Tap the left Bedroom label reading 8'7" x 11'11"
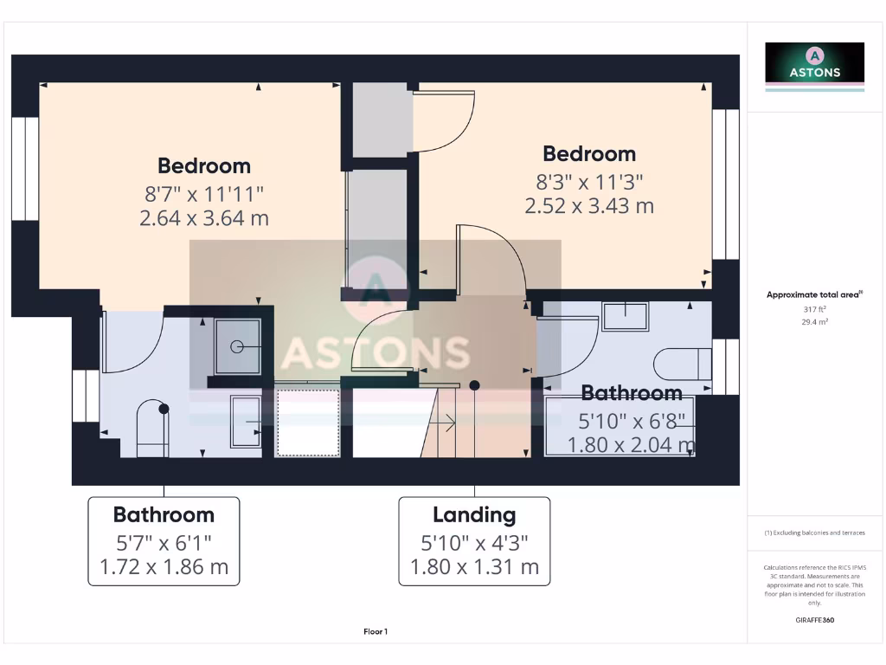pyautogui.click(x=204, y=192)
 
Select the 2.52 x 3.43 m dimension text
pyautogui.click(x=589, y=206)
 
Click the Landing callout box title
pyautogui.click(x=474, y=515)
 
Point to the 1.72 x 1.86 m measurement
pyautogui.click(x=164, y=567)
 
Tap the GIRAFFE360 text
pyautogui.click(x=814, y=620)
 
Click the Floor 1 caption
pyautogui.click(x=375, y=632)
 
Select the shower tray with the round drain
pyautogui.click(x=237, y=345)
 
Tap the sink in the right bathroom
pyautogui.click(x=626, y=316)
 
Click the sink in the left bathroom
pyautogui.click(x=246, y=422)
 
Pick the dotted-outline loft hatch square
pyautogui.click(x=307, y=423)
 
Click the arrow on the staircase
pyautogui.click(x=447, y=423)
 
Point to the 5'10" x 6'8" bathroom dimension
pyautogui.click(x=632, y=422)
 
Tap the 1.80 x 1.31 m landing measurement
pyautogui.click(x=474, y=567)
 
